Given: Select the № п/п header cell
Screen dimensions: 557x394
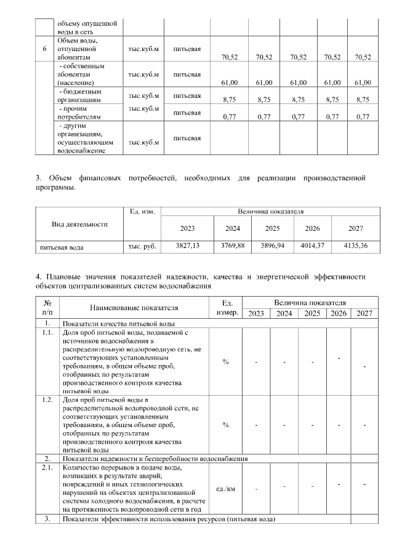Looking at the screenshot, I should tap(47, 308).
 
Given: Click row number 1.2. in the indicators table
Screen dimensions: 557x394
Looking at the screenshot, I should tap(47, 400).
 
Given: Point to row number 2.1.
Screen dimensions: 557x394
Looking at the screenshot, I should tap(47, 468).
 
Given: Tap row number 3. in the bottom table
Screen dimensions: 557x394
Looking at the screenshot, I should tap(47, 519).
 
